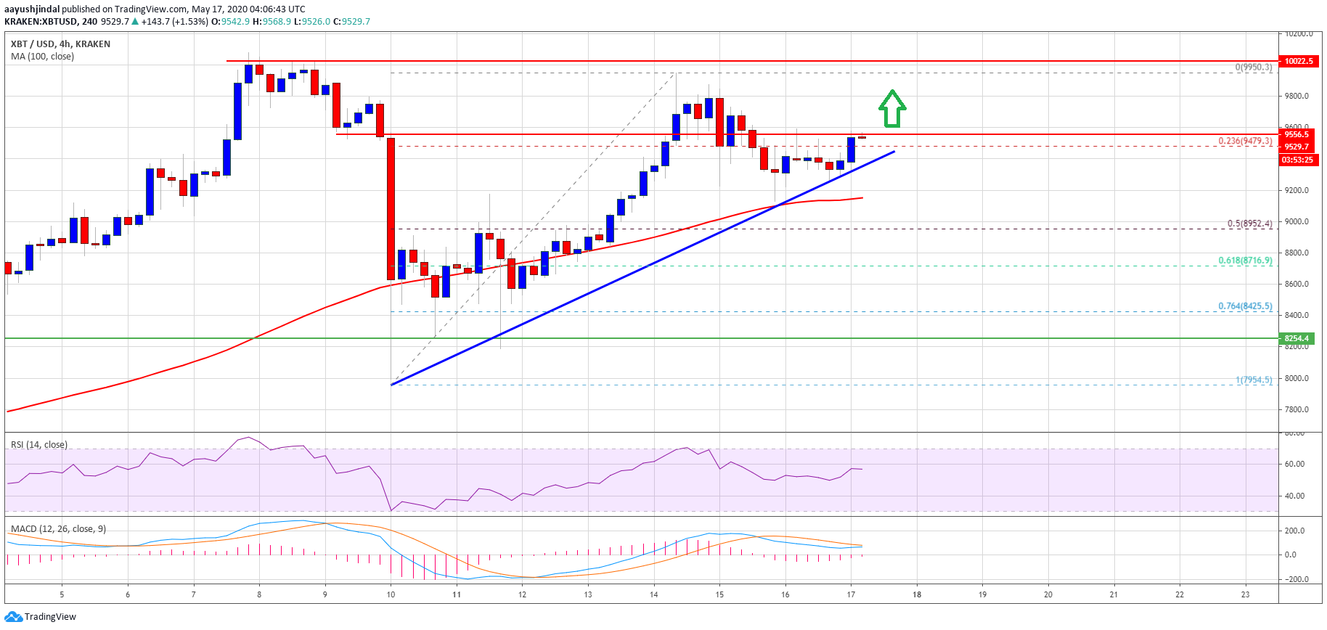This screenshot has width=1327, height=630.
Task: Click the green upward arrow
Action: pos(892,109)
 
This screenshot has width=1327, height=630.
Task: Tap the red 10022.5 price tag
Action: pos(1298,61)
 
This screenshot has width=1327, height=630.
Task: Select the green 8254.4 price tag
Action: pos(1297,338)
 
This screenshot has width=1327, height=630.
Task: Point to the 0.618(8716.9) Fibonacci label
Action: pos(1245,261)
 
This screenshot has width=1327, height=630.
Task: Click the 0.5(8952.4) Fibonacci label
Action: pos(1249,224)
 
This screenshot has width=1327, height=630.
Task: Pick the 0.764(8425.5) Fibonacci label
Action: pos(1245,306)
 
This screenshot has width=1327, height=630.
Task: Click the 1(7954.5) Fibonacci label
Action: pos(1254,380)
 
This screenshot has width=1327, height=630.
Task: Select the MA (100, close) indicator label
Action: pos(42,57)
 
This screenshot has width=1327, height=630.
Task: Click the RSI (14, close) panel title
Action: pos(39,445)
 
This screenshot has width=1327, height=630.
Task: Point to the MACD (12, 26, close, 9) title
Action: pos(58,529)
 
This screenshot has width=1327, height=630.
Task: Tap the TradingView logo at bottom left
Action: pos(41,617)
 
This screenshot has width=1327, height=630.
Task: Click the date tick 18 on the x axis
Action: pos(917,594)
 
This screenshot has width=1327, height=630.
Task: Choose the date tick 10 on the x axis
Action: pos(391,594)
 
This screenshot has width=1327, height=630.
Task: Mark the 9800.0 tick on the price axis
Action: pos(1297,96)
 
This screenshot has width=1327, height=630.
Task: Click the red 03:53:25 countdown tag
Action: pos(1297,160)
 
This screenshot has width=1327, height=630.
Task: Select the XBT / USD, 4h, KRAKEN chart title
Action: pos(61,44)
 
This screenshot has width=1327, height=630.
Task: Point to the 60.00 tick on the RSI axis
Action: pos(1294,464)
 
